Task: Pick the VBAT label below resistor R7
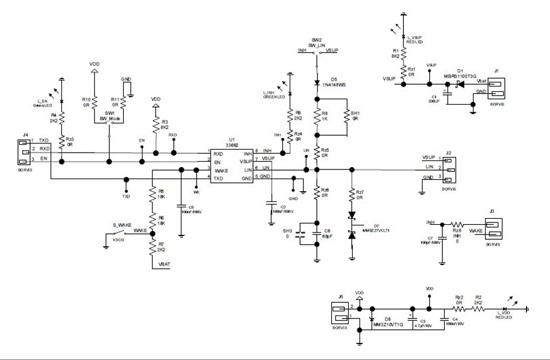tap(165, 264)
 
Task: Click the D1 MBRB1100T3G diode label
tap(460, 75)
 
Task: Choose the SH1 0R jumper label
tap(355, 115)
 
